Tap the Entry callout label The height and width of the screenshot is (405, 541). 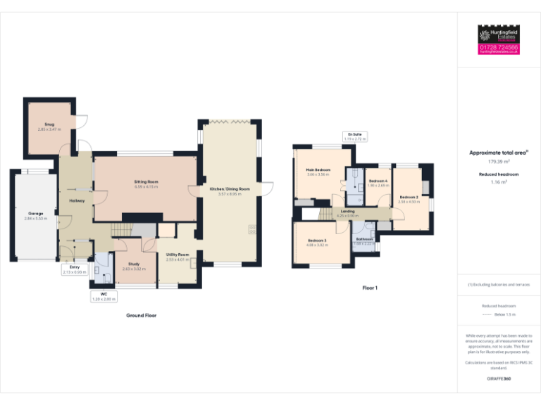75,269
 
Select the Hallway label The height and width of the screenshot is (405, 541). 77,201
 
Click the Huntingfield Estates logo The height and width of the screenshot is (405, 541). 498,34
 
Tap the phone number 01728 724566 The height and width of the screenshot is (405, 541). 498,47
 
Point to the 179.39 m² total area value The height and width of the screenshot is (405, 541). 498,161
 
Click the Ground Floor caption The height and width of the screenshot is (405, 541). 142,316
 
